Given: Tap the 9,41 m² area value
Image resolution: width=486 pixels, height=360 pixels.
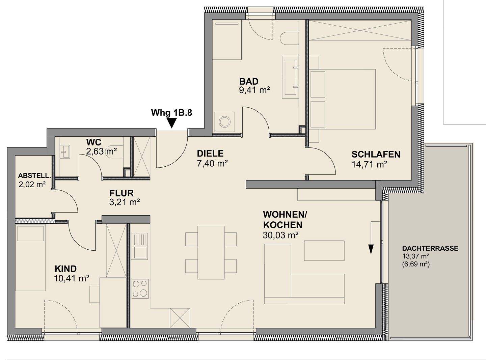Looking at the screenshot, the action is (254, 90).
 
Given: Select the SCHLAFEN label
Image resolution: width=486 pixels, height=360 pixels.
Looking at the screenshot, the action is (376, 155).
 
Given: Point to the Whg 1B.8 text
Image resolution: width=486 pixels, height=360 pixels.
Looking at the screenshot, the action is (171, 113).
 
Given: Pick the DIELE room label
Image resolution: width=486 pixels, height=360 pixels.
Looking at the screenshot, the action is (210, 154).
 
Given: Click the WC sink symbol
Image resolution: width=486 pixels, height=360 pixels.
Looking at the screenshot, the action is (65, 151).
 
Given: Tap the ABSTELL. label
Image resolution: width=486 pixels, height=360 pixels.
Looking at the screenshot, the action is (34, 175).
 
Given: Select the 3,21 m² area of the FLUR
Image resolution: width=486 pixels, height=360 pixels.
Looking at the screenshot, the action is (125, 202).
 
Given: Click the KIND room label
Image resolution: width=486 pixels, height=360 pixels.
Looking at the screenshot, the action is (65, 269).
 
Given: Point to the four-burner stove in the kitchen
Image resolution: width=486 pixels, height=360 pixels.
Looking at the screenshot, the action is (140, 288).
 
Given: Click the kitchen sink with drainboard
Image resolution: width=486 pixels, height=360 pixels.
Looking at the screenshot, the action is (140, 246).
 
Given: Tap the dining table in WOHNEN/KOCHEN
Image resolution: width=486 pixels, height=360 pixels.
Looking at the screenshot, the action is (211, 252).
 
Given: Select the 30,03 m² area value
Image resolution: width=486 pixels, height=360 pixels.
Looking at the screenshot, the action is (280, 235).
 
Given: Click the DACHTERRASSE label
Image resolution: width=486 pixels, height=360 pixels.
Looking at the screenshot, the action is (430, 248).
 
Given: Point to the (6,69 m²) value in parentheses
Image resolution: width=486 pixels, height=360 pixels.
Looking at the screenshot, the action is (416, 265).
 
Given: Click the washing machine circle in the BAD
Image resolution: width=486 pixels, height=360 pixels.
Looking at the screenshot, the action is (224, 121).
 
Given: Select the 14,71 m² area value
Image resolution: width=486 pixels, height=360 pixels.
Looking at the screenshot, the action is (369, 164).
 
